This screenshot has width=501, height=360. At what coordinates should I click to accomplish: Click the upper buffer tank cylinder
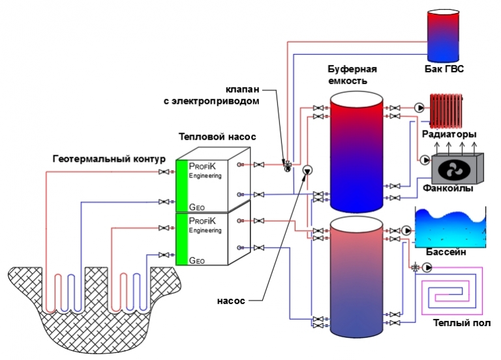coord(355,149)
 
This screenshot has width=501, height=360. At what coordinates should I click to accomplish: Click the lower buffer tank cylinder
coord(356,277)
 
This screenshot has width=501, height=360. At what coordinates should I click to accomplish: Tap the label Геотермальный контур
coord(110,159)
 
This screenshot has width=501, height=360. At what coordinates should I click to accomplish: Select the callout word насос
coord(232,301)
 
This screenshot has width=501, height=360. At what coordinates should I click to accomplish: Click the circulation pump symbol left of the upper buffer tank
coord(308,172)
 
